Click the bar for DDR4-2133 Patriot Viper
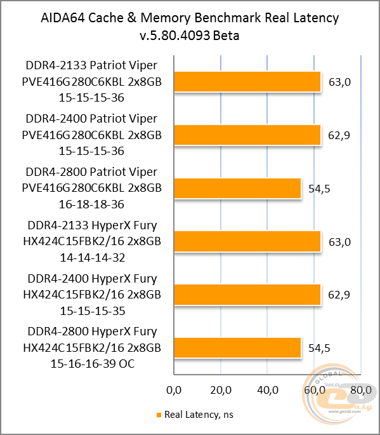pyautogui.click(x=247, y=83)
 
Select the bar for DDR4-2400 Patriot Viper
pyautogui.click(x=247, y=135)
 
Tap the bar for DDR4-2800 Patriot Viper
pyautogui.click(x=237, y=189)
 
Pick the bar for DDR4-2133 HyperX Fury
pyautogui.click(x=247, y=242)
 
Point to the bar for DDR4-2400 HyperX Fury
pyautogui.click(x=247, y=295)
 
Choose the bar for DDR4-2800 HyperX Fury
pyautogui.click(x=237, y=348)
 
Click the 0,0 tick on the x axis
pyautogui.click(x=173, y=389)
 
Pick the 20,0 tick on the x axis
pyautogui.click(x=220, y=389)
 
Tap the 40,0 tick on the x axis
pyautogui.click(x=267, y=389)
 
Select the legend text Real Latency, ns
pyautogui.click(x=199, y=415)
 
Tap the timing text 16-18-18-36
pyautogui.click(x=91, y=204)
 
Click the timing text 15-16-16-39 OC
pyautogui.click(x=91, y=364)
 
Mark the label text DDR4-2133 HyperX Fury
pyautogui.click(x=91, y=225)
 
